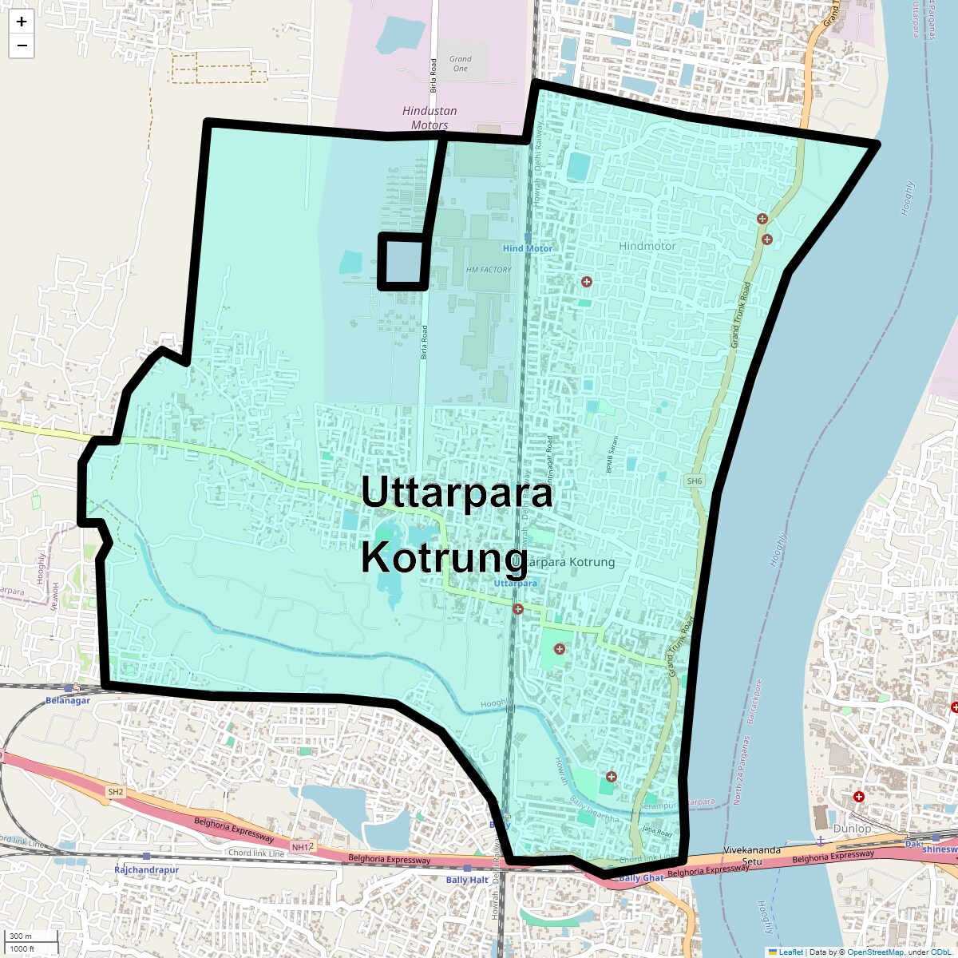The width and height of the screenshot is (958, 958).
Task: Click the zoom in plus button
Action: [x=22, y=22]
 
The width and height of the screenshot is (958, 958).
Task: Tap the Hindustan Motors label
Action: [x=430, y=118]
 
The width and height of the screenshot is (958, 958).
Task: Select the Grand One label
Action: [x=461, y=64]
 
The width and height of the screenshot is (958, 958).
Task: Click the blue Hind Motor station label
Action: [x=527, y=248]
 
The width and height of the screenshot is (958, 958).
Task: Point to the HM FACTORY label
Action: [x=489, y=270]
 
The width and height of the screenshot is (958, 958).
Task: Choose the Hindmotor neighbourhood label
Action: [x=647, y=246]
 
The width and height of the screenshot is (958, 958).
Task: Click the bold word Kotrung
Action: [x=444, y=557]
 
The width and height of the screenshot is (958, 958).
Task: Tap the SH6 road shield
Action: [x=695, y=481]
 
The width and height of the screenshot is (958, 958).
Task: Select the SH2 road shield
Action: [x=116, y=792]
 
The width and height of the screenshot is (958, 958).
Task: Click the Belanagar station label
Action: [x=68, y=700]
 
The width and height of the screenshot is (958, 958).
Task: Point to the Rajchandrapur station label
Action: [x=146, y=869]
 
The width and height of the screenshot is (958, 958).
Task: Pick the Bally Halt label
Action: [x=467, y=880]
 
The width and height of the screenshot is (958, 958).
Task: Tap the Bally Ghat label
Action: [x=641, y=878]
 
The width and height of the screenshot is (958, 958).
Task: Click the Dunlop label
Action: [x=852, y=829]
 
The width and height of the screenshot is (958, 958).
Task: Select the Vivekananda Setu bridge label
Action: [x=751, y=856]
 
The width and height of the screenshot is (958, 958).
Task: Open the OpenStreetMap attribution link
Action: [x=875, y=952]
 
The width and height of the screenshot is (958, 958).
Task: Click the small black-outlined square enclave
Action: [x=403, y=261]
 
